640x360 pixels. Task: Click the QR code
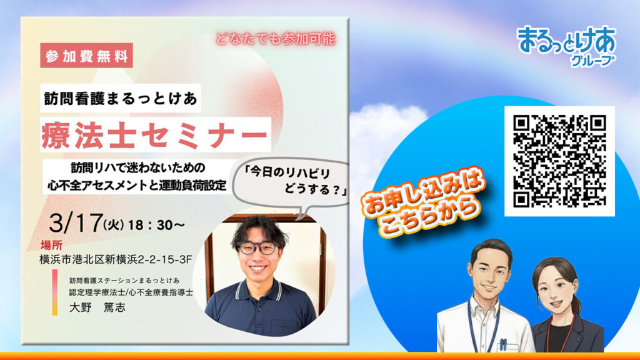559,161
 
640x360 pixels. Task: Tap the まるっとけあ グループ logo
567,46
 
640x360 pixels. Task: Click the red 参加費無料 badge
86,56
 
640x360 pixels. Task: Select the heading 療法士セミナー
155,134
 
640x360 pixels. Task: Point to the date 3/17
76,223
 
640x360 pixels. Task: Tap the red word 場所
51,245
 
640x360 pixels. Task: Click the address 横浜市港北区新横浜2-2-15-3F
116,259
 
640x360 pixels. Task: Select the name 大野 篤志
97,307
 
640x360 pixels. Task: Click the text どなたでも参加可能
276,39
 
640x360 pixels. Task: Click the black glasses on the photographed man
257,247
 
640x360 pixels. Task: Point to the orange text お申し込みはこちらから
423,202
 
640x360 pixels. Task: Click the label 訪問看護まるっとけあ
121,98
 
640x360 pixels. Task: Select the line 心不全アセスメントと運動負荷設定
137,185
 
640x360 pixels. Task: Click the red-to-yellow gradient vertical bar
55,292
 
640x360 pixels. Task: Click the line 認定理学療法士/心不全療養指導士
131,292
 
